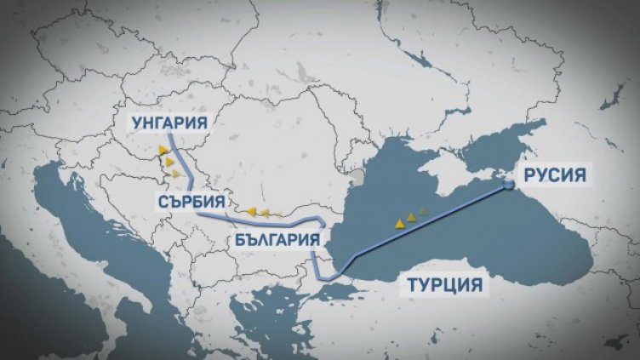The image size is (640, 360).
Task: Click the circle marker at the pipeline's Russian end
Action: coord(507,183)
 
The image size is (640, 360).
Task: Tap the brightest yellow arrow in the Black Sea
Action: coord(398,223)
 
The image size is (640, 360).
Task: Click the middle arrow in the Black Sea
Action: coord(412,217)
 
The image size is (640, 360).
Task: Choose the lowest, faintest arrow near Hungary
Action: coord(176,173)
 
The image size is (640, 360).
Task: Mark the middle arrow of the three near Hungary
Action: coord(170,162)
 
